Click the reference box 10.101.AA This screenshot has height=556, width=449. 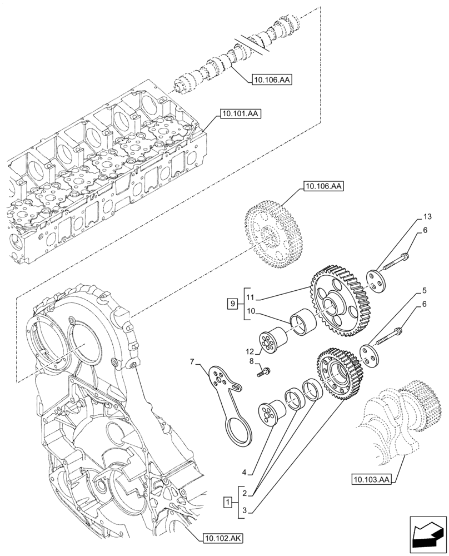241,114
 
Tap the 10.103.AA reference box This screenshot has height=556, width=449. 371,478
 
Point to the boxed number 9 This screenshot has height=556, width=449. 232,304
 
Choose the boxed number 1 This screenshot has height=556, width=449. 227,503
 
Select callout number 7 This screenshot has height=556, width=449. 193,363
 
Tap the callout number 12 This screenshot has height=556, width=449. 250,351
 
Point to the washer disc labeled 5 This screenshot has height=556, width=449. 368,355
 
